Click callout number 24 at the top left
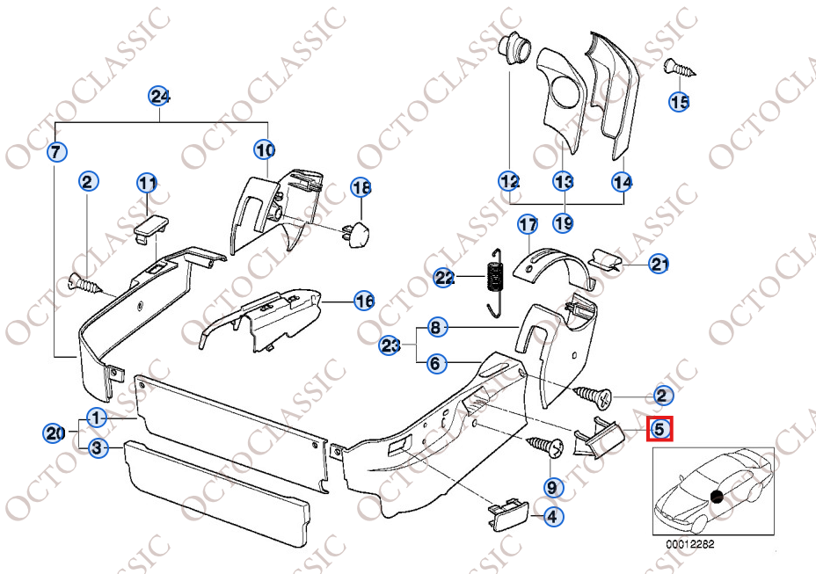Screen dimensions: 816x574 (x=159, y=97)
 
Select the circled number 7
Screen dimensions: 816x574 (x=57, y=152)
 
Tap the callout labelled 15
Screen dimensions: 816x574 (x=679, y=101)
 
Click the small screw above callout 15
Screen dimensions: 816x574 (x=679, y=69)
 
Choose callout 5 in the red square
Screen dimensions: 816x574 (x=659, y=430)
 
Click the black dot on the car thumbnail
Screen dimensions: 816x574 (x=717, y=497)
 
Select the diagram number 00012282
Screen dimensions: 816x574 (x=690, y=544)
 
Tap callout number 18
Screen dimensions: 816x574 (x=361, y=187)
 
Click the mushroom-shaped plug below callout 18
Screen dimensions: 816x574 (x=356, y=231)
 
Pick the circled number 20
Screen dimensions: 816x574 (x=55, y=433)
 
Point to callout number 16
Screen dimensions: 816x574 (x=364, y=301)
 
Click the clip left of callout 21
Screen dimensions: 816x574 (x=606, y=259)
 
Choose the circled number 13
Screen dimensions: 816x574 (x=563, y=182)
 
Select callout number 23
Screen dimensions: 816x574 (x=390, y=345)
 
